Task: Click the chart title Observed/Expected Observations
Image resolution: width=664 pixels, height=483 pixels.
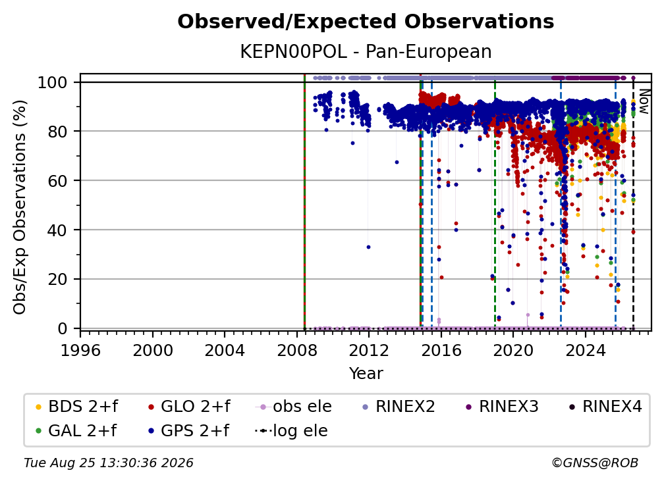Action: tap(366, 22)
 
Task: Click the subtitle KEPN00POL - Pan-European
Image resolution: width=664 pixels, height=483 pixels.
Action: tap(366, 51)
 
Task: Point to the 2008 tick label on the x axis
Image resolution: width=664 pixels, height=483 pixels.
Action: tap(297, 351)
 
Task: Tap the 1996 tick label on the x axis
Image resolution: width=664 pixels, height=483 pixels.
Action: tap(80, 351)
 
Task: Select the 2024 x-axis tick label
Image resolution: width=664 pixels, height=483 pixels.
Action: tap(585, 351)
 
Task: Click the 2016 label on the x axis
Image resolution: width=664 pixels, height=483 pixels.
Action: tap(441, 351)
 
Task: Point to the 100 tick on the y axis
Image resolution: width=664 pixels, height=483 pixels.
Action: tap(53, 82)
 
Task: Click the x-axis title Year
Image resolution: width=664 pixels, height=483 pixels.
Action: tap(366, 374)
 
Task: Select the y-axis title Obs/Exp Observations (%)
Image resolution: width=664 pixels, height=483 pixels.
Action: tap(20, 207)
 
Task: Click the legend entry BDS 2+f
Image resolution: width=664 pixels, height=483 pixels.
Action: tap(76, 407)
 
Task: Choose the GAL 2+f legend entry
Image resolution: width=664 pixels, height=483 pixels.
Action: tap(76, 431)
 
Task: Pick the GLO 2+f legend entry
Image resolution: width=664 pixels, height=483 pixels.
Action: tap(189, 407)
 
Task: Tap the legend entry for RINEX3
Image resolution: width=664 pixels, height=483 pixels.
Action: tap(502, 407)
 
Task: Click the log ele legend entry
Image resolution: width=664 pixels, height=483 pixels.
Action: tap(291, 431)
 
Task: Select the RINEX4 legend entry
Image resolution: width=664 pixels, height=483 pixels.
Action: tap(605, 407)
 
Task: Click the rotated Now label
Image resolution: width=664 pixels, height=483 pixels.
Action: tap(644, 101)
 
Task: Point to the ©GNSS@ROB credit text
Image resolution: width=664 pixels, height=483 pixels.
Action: tap(595, 463)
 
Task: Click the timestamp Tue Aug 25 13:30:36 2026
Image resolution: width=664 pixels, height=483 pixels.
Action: tap(109, 463)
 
